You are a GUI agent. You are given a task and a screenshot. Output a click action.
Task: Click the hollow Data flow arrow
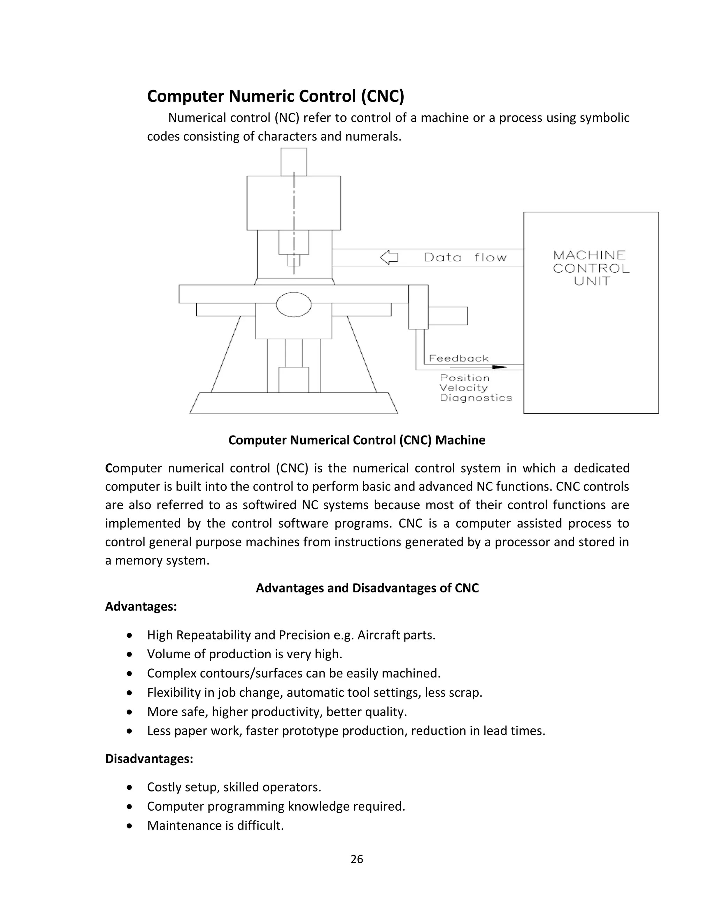389,257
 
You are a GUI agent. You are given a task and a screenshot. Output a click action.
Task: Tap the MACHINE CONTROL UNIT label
591,268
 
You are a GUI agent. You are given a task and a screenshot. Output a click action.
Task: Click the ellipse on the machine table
294,305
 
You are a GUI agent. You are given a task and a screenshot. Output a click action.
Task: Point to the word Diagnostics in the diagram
476,398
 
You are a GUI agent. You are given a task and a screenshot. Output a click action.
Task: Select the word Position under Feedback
464,378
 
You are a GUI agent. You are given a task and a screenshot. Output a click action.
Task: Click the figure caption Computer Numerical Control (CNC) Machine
357,440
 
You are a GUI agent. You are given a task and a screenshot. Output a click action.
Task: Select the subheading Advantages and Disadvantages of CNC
367,588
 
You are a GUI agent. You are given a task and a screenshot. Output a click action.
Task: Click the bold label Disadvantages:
149,759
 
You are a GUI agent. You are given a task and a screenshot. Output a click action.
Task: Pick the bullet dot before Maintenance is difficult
130,825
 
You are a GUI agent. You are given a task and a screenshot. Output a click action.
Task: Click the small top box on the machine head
294,162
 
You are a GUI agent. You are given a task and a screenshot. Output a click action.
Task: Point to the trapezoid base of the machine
294,403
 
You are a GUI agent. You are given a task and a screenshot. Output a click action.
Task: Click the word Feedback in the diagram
458,358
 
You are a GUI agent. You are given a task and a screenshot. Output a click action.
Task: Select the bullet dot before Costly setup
130,787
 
